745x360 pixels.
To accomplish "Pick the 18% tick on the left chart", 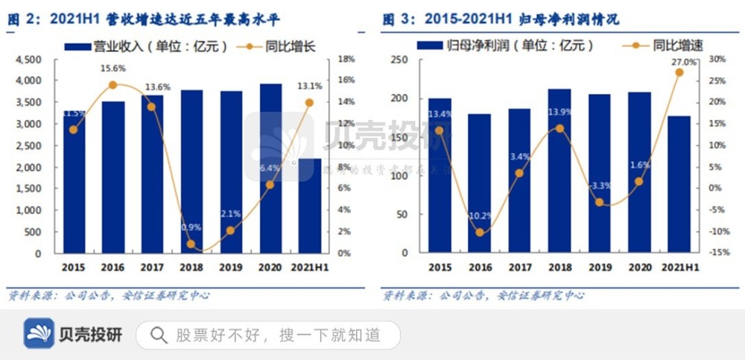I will click(346, 59).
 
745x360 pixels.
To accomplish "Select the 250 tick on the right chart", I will click(402, 59).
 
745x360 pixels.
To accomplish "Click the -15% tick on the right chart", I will click(718, 253).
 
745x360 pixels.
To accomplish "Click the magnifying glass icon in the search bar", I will click(159, 335).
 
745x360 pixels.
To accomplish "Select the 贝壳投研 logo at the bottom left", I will click(73, 334).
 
